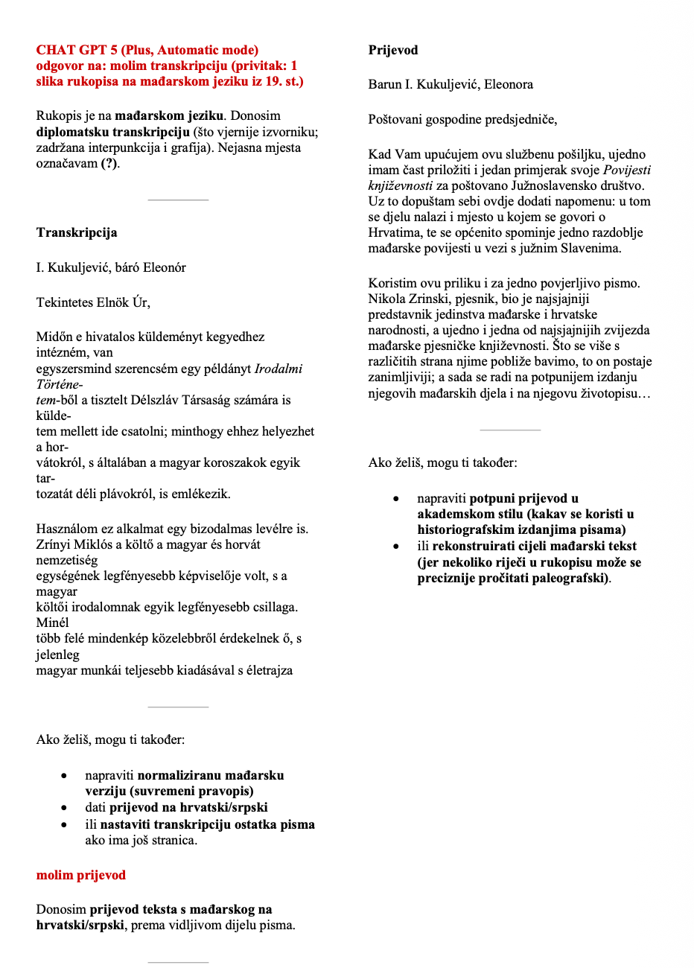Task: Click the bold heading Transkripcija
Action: click(77, 232)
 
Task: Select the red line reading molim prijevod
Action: click(81, 875)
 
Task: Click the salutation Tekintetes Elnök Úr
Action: click(93, 302)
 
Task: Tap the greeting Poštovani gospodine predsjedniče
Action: click(462, 119)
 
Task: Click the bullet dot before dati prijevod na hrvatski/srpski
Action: click(66, 808)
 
